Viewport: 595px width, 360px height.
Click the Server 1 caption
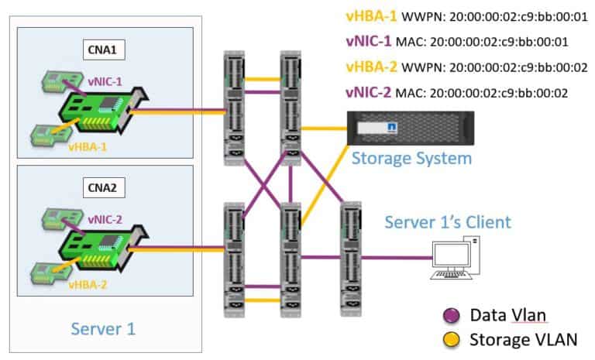103,328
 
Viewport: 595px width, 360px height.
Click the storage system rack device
399,127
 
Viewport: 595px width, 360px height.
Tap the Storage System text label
411,159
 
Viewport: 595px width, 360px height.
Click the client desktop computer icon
455,259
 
